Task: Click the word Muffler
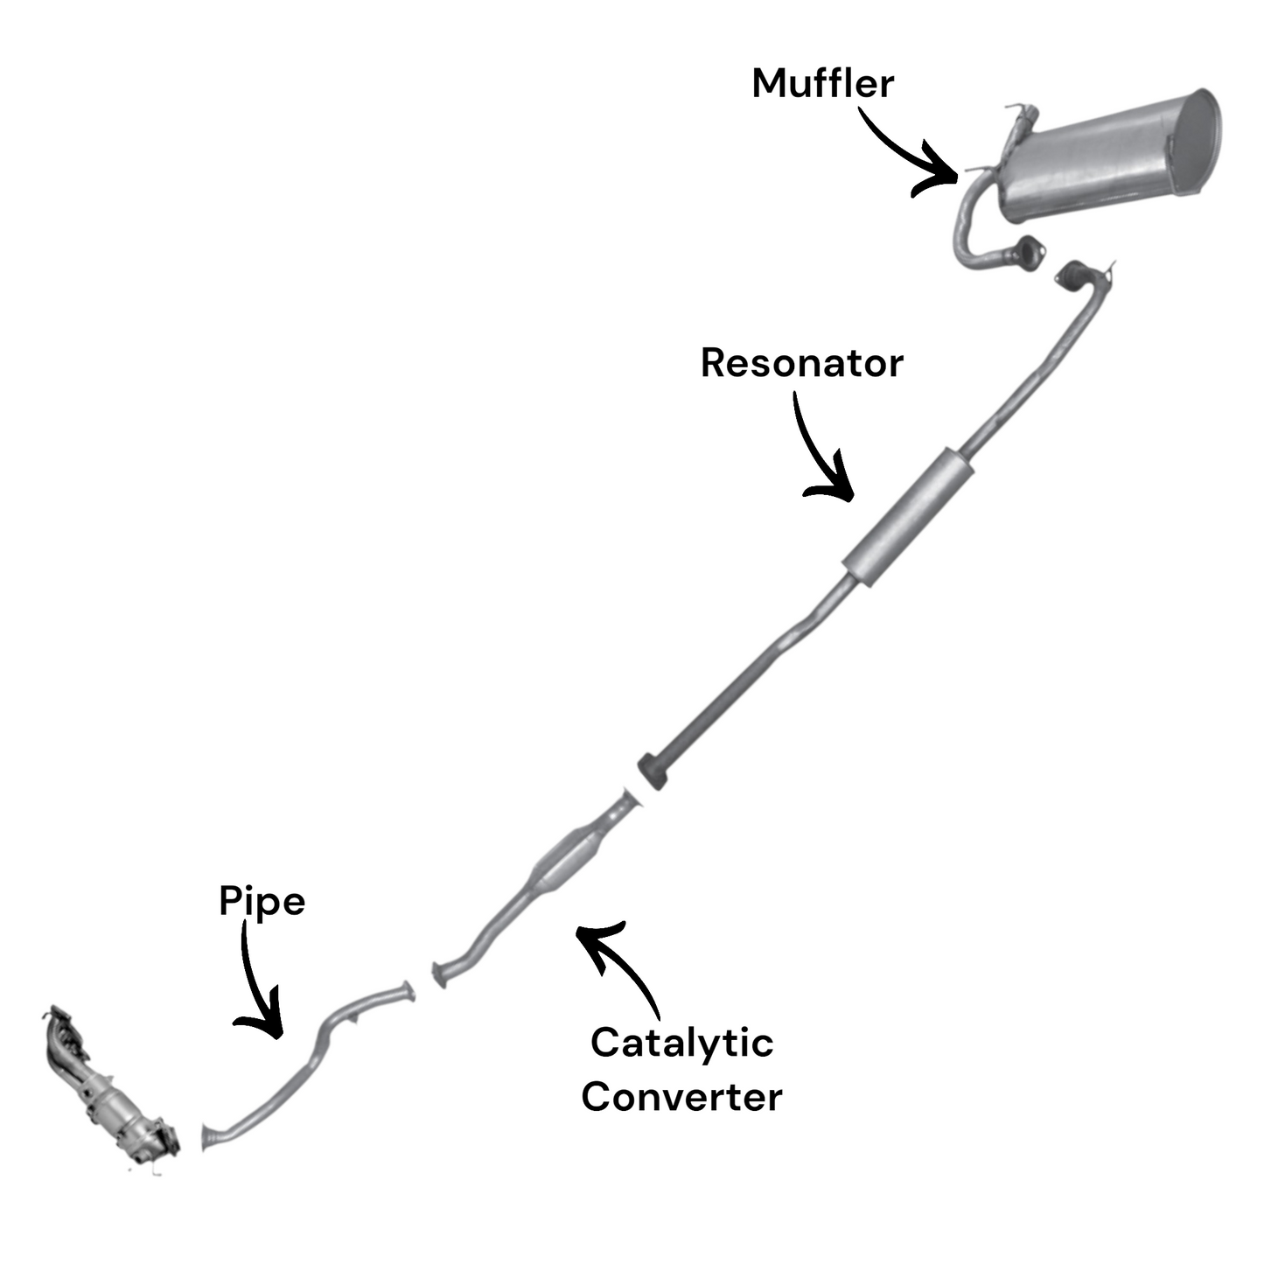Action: [x=822, y=84]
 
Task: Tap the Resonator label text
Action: [x=801, y=363]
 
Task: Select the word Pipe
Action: [x=262, y=901]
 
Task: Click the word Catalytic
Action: [x=681, y=1043]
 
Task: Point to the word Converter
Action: [x=681, y=1097]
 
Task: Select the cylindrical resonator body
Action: [x=908, y=517]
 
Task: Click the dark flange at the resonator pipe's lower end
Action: [x=653, y=769]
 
